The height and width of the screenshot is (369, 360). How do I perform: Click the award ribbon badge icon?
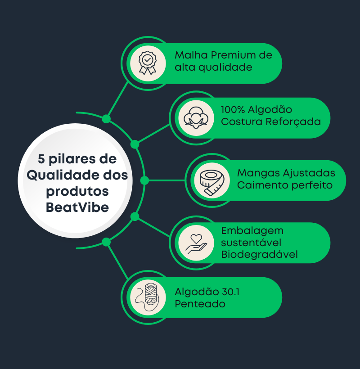pos(146,63)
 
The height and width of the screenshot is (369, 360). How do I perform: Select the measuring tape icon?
pos(211,180)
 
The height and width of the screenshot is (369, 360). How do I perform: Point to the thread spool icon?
pos(146,297)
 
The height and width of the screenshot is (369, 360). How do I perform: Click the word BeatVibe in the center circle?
pos(77,207)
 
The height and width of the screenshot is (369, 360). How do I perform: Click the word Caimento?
pos(259,185)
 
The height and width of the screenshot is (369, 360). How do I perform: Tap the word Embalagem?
pos(252,230)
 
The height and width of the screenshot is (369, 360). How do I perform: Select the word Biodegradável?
pos(260,255)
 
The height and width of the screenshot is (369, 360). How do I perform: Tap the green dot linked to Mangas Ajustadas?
pos(144,180)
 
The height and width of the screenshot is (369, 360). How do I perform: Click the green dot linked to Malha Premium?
pos(106,119)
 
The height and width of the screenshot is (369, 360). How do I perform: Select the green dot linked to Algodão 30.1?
pos(106,242)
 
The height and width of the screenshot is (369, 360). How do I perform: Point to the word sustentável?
pos(251,243)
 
